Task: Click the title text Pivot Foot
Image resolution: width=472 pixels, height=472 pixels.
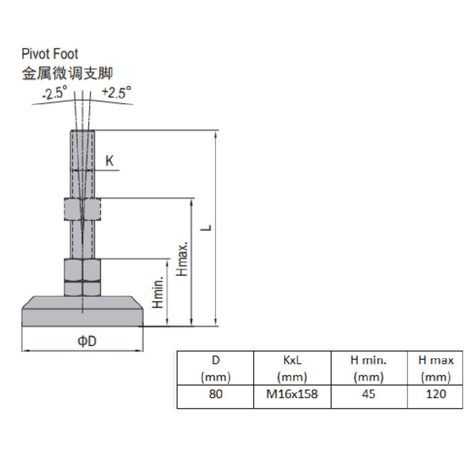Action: click(x=50, y=55)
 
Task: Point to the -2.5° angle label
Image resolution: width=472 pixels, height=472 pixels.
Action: click(x=55, y=95)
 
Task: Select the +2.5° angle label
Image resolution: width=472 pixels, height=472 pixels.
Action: click(x=116, y=93)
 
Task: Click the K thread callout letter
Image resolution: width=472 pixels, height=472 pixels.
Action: click(x=109, y=161)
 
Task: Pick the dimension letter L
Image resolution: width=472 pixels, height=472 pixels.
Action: click(x=208, y=228)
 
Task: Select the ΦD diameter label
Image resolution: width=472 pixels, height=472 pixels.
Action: click(x=87, y=341)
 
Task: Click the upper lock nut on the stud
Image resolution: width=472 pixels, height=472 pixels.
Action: click(x=82, y=210)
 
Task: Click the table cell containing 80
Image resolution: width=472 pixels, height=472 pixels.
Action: click(x=216, y=394)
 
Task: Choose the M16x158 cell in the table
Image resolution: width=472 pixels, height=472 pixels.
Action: click(x=292, y=394)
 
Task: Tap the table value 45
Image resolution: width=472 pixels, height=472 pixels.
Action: click(x=369, y=394)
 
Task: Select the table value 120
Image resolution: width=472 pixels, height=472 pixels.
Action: click(x=435, y=394)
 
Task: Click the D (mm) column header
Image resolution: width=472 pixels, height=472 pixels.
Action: click(x=216, y=368)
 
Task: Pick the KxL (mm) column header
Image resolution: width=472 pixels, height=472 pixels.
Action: click(x=292, y=368)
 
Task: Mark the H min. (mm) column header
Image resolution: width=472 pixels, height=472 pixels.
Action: click(x=369, y=368)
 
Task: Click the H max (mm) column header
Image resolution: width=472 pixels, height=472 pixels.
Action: click(x=435, y=368)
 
